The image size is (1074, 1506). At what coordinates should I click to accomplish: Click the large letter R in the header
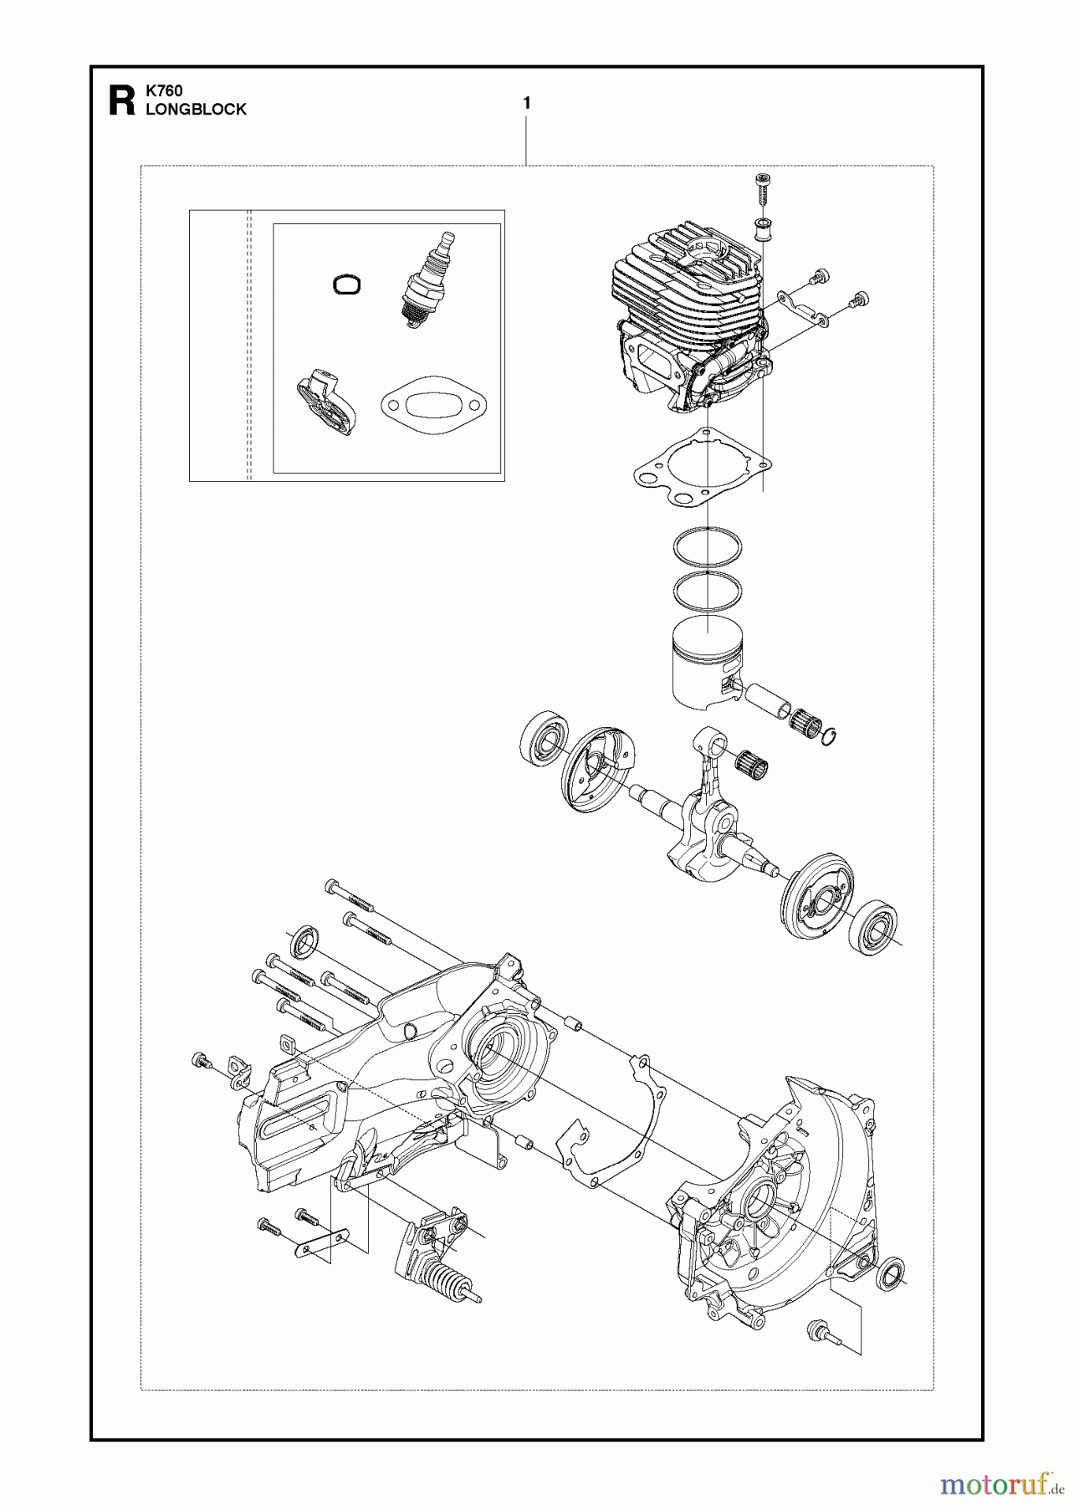tap(121, 100)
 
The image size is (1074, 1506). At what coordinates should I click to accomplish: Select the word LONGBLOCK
tap(196, 110)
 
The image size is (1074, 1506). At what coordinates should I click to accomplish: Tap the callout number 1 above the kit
tap(526, 103)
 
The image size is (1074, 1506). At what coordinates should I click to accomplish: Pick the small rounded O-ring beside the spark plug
tap(346, 284)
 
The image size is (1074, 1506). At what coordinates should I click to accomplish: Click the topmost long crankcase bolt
tap(351, 897)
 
